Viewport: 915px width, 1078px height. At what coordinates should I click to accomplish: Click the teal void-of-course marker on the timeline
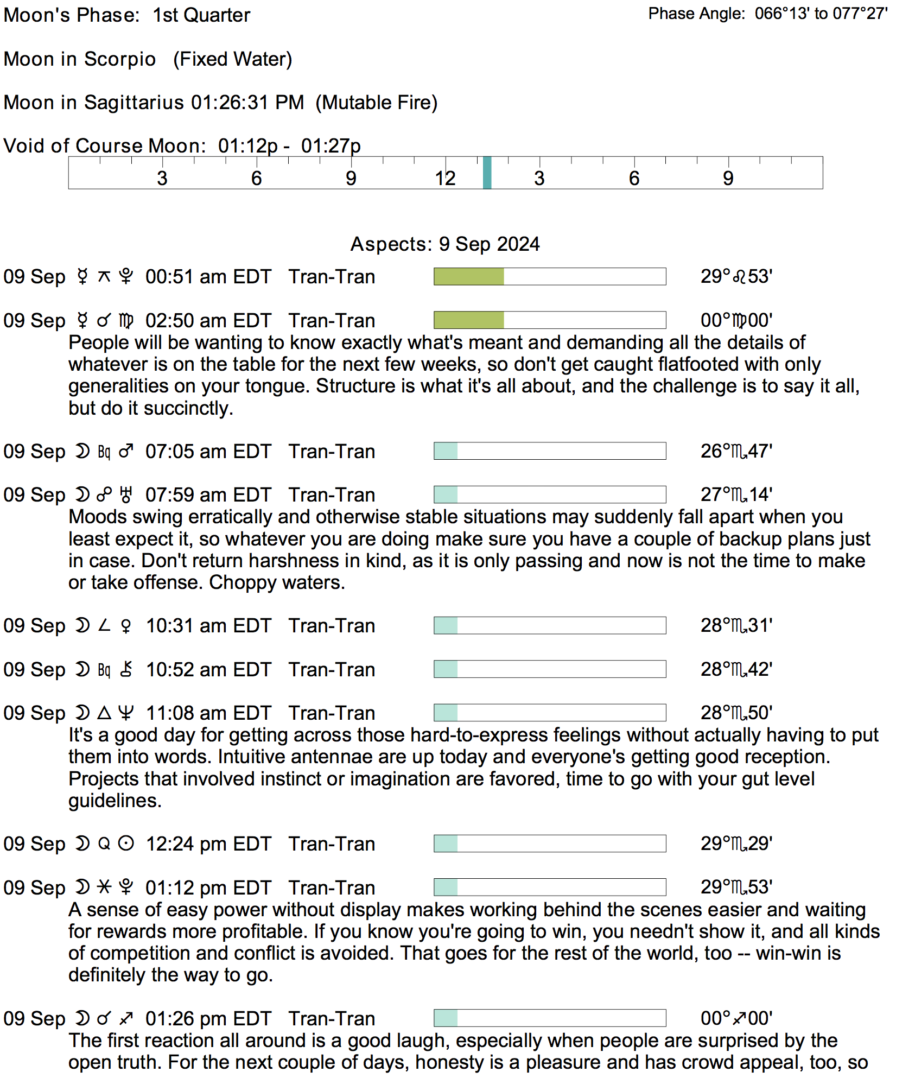click(487, 173)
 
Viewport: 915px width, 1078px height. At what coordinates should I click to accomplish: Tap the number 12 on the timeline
click(445, 178)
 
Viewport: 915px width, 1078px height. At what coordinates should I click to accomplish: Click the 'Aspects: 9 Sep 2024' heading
click(445, 244)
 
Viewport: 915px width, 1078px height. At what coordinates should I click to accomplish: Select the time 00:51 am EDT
click(208, 277)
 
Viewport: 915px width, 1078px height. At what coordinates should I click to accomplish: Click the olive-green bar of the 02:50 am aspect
click(469, 320)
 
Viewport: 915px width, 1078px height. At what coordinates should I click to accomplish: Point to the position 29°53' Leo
click(736, 276)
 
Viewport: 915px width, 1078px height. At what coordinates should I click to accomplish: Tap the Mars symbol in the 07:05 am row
click(126, 452)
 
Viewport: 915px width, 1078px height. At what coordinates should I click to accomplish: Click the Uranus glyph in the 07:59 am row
click(126, 495)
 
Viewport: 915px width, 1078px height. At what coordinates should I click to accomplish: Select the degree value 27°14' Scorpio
click(736, 495)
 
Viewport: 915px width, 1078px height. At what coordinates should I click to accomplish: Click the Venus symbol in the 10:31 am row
click(126, 626)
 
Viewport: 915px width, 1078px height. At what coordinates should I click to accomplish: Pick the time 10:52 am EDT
click(208, 670)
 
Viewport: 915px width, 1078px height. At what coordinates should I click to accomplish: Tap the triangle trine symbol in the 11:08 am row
click(104, 713)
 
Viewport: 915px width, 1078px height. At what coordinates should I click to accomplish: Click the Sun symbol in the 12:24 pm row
click(126, 844)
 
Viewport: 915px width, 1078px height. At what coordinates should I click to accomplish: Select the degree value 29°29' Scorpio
click(736, 844)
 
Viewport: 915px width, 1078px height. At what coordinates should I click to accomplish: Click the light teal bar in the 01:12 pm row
click(446, 887)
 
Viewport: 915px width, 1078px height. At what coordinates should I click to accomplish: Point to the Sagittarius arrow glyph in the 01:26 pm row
click(126, 1019)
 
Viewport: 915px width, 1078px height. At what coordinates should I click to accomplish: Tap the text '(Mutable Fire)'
click(377, 103)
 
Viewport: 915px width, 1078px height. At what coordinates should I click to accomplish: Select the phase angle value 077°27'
click(860, 14)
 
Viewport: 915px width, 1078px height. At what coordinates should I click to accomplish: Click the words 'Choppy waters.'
click(277, 582)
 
